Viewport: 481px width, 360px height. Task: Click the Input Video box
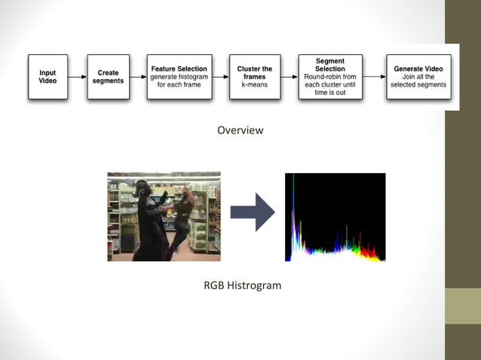point(47,77)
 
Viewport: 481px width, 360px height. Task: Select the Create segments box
point(108,77)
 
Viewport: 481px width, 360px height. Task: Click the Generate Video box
point(418,77)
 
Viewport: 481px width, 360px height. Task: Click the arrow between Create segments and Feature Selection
point(136,77)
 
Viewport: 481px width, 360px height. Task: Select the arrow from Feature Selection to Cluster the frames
point(219,77)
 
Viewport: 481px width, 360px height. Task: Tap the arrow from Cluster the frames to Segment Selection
point(288,77)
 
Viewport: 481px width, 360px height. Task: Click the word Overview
point(240,130)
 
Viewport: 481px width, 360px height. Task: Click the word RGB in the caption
point(213,285)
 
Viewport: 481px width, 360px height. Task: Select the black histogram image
point(335,217)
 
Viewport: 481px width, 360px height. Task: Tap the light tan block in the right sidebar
point(462,306)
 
